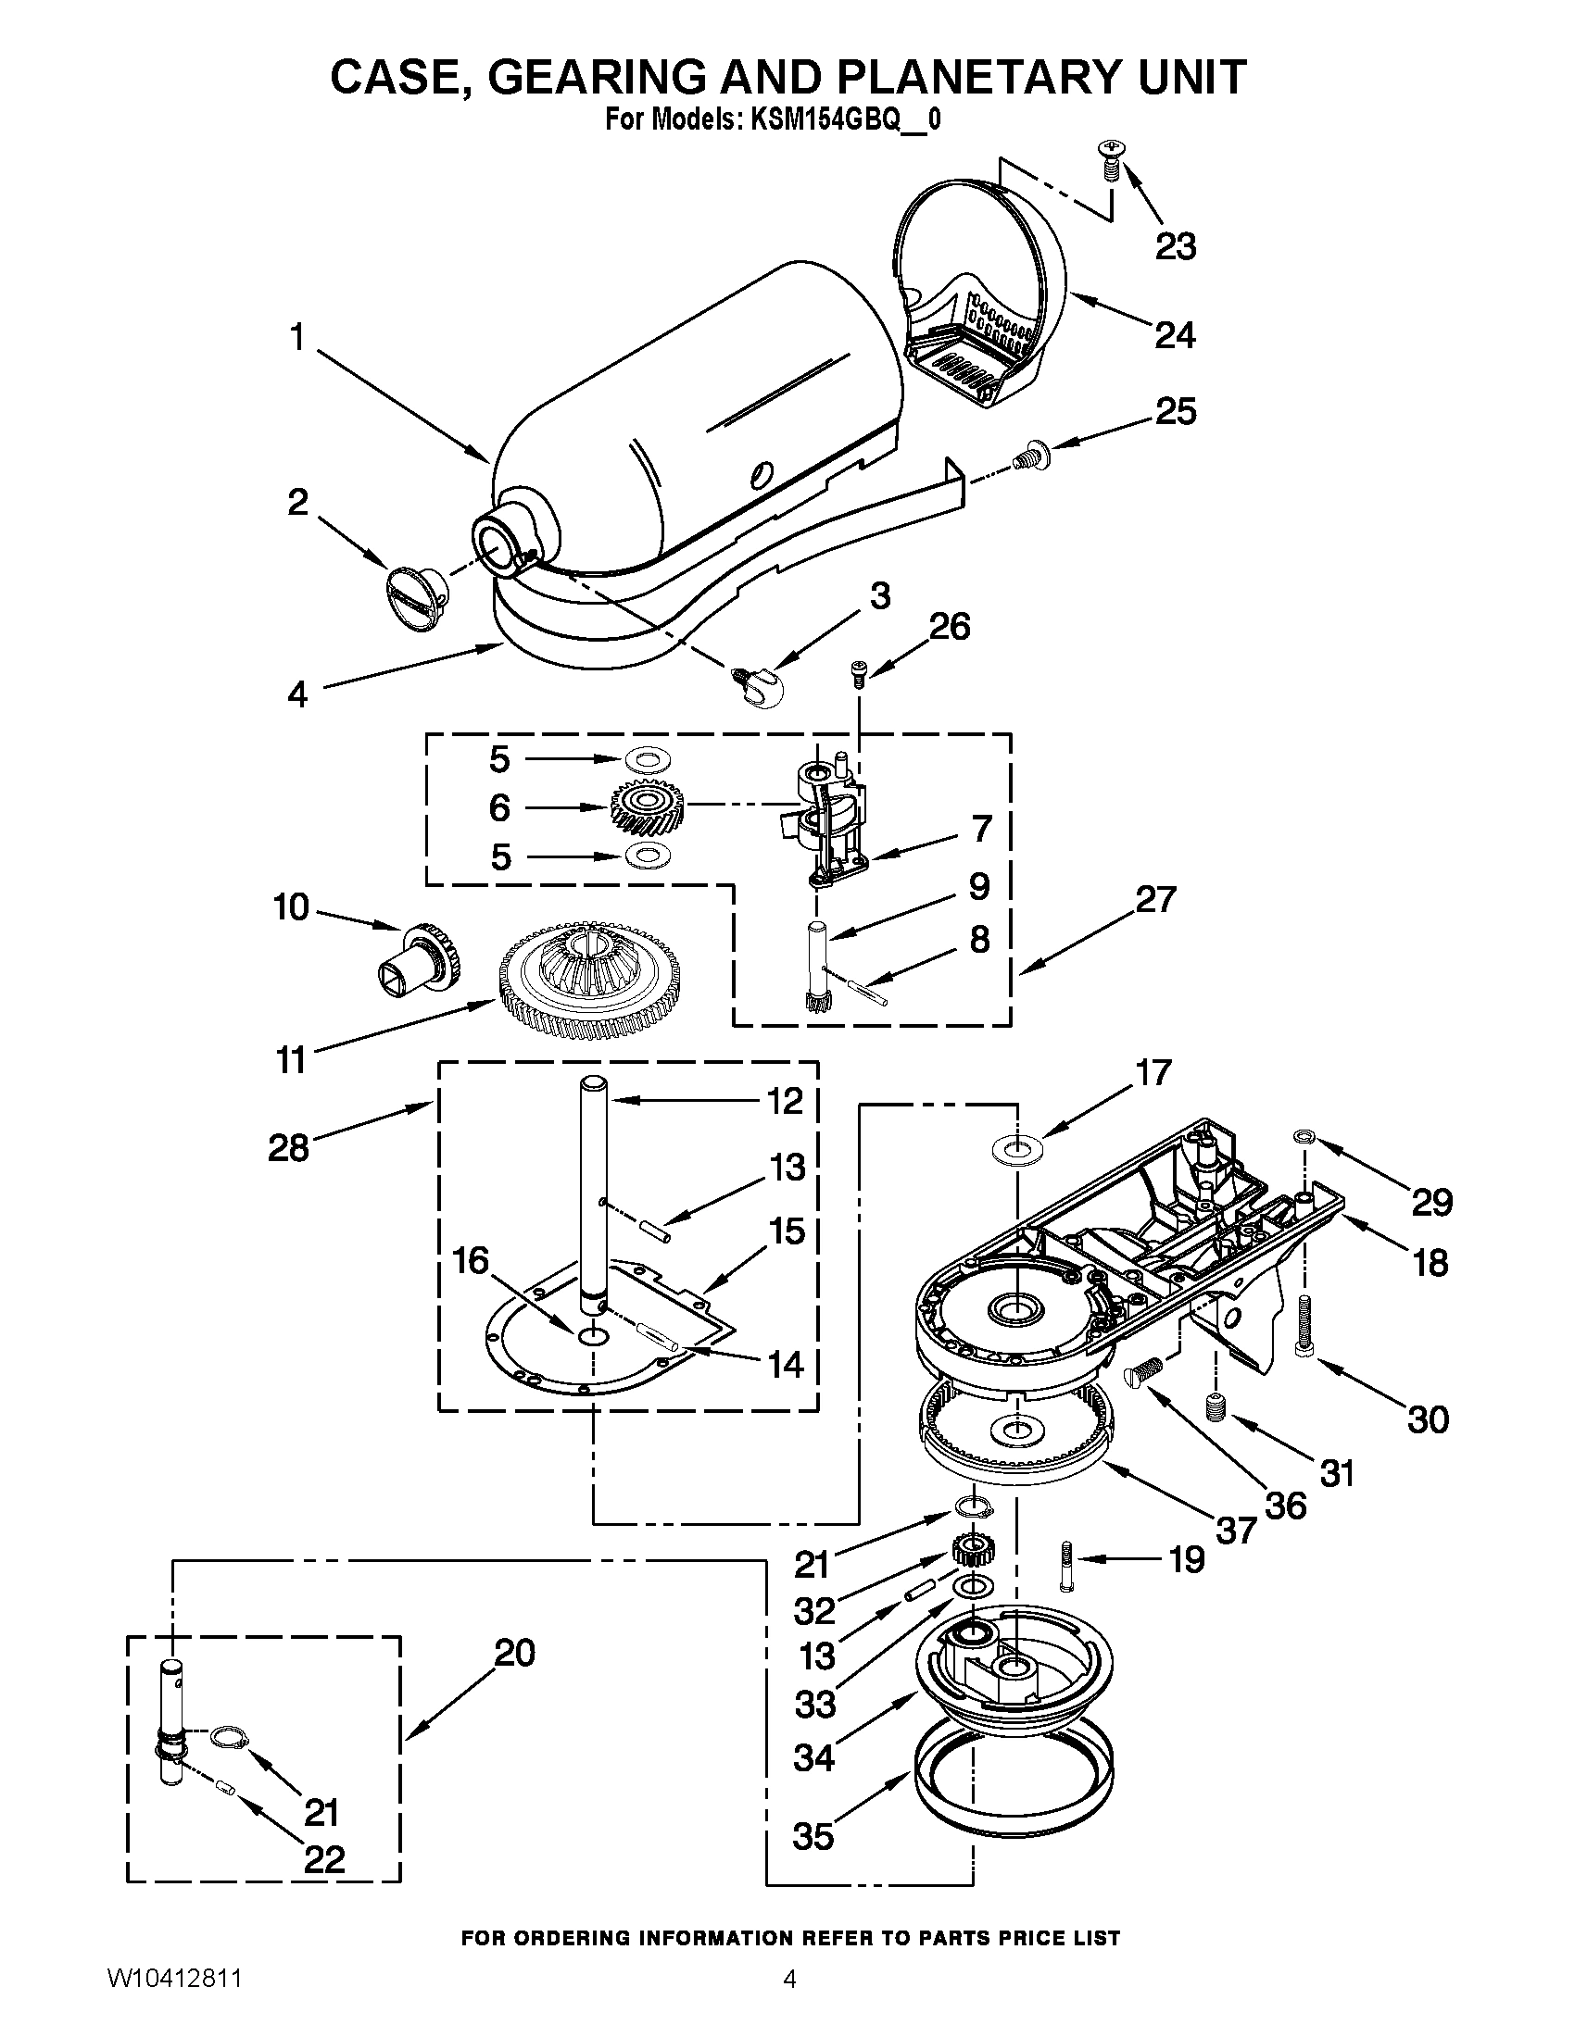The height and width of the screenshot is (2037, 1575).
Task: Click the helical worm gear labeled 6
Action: click(x=648, y=807)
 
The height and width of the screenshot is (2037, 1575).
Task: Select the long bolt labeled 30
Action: click(x=1304, y=1327)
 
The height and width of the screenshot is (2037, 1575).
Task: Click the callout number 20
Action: click(x=514, y=1654)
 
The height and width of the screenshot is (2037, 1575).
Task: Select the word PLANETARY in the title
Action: click(x=964, y=77)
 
